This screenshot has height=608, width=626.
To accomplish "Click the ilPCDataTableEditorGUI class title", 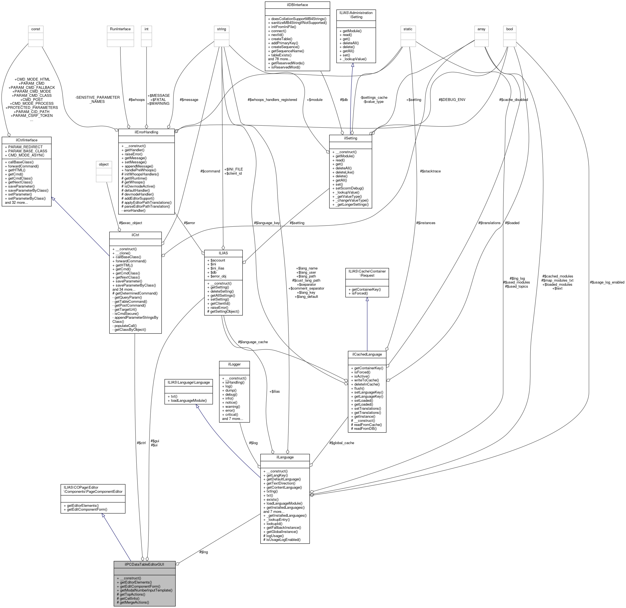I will (144, 564).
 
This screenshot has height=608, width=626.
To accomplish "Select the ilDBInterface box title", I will (297, 5).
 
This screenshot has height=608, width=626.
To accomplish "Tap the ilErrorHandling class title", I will (146, 132).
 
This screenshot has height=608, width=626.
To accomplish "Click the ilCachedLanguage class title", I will (367, 354).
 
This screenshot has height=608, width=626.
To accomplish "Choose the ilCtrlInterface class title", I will (26, 140).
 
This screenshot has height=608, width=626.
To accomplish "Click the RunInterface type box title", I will (120, 29).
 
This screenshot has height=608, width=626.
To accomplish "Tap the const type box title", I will (36, 29).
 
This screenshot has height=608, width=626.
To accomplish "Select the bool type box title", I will (509, 29).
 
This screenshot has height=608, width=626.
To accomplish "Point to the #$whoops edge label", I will (136, 100).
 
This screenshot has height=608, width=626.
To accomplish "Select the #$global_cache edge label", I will (341, 443).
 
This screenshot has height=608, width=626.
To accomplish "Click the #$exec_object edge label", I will (130, 223).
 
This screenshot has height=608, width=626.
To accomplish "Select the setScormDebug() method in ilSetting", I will (349, 188).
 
